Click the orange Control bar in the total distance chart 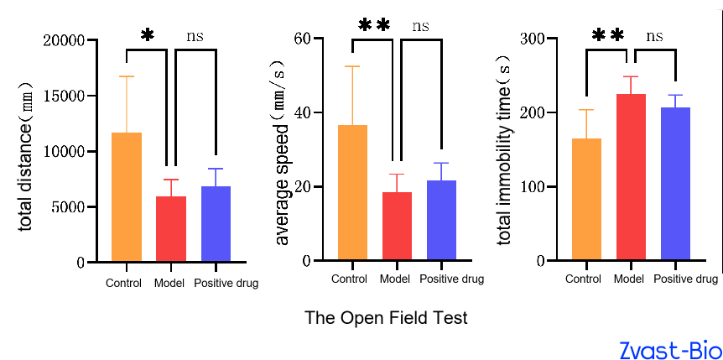pos(127,197)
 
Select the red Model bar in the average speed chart pos(397,227)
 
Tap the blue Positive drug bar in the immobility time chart pos(675,184)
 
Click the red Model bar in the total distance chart pos(171,229)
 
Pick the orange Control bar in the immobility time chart pos(586,200)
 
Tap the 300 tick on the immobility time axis pos(533,38)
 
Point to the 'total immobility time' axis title pos(505,150)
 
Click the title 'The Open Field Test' pos(386,318)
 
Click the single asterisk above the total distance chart pos(147,35)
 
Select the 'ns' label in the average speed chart pos(420,26)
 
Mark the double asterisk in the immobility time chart pos(608,35)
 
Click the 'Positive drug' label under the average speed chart pos(451,279)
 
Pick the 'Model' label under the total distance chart pos(169,283)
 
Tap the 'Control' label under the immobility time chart pos(583,279)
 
